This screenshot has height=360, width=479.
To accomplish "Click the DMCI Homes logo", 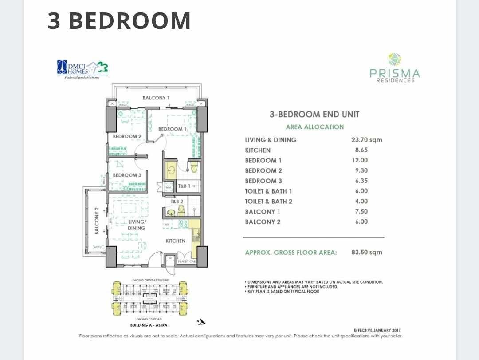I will (x=82, y=69).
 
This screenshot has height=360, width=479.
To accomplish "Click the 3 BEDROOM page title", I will (x=119, y=21).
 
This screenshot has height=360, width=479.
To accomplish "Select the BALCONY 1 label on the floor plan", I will (x=156, y=98).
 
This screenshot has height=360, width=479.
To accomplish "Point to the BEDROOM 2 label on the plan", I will (x=127, y=136).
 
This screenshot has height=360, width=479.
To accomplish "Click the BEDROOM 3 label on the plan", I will (x=127, y=175).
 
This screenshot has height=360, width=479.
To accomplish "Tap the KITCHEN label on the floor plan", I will (x=176, y=241).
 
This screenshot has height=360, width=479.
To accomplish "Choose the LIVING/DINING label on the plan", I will (x=137, y=225).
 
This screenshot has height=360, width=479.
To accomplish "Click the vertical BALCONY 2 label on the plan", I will (x=96, y=221).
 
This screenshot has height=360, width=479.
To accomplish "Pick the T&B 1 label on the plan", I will (x=184, y=186).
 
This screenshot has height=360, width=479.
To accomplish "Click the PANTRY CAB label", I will (x=187, y=261).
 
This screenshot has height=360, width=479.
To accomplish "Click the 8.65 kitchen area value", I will (x=362, y=150).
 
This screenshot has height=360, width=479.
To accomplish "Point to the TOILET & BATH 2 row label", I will (x=268, y=202).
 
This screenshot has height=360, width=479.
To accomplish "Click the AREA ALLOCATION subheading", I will (x=314, y=127).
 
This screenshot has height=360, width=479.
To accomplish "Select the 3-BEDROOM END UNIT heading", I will (x=314, y=114).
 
